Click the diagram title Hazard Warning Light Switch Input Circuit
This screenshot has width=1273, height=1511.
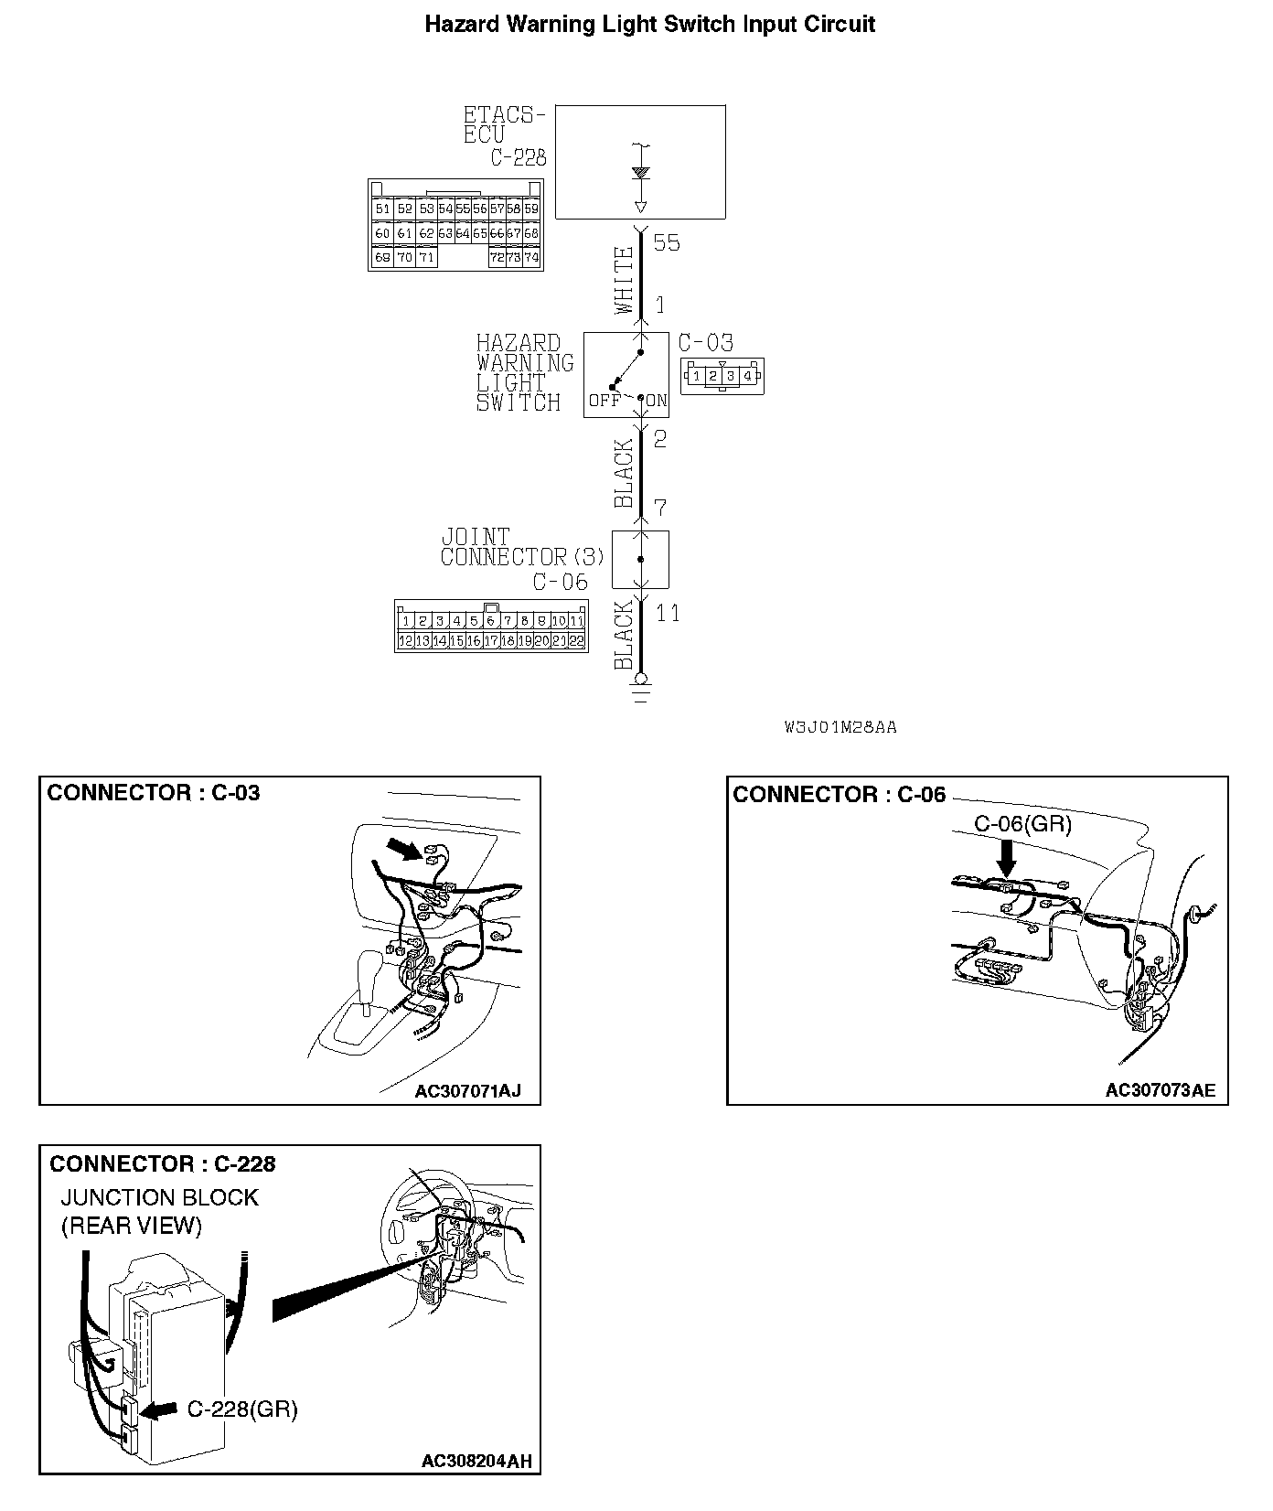tap(649, 25)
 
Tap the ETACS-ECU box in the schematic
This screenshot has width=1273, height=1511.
tap(640, 162)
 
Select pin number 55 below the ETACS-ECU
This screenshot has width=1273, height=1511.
tap(667, 243)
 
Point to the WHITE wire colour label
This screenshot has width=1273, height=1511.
tap(624, 280)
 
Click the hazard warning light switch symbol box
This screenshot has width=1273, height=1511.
tap(626, 375)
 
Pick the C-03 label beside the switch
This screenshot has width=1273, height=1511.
tap(705, 343)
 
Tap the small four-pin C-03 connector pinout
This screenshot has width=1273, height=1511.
tap(722, 375)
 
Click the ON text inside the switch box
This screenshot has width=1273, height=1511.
tap(656, 401)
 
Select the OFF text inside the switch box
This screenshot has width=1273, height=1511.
tap(604, 401)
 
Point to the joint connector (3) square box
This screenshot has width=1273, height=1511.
tap(640, 559)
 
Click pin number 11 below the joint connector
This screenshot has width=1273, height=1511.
tap(669, 613)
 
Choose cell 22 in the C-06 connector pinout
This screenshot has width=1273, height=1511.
tap(576, 641)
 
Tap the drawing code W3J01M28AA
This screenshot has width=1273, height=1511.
tap(840, 728)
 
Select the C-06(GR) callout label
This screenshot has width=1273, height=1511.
tap(1022, 824)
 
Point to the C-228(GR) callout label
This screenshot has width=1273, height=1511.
tap(242, 1409)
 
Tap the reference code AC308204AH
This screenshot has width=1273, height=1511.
tap(476, 1462)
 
